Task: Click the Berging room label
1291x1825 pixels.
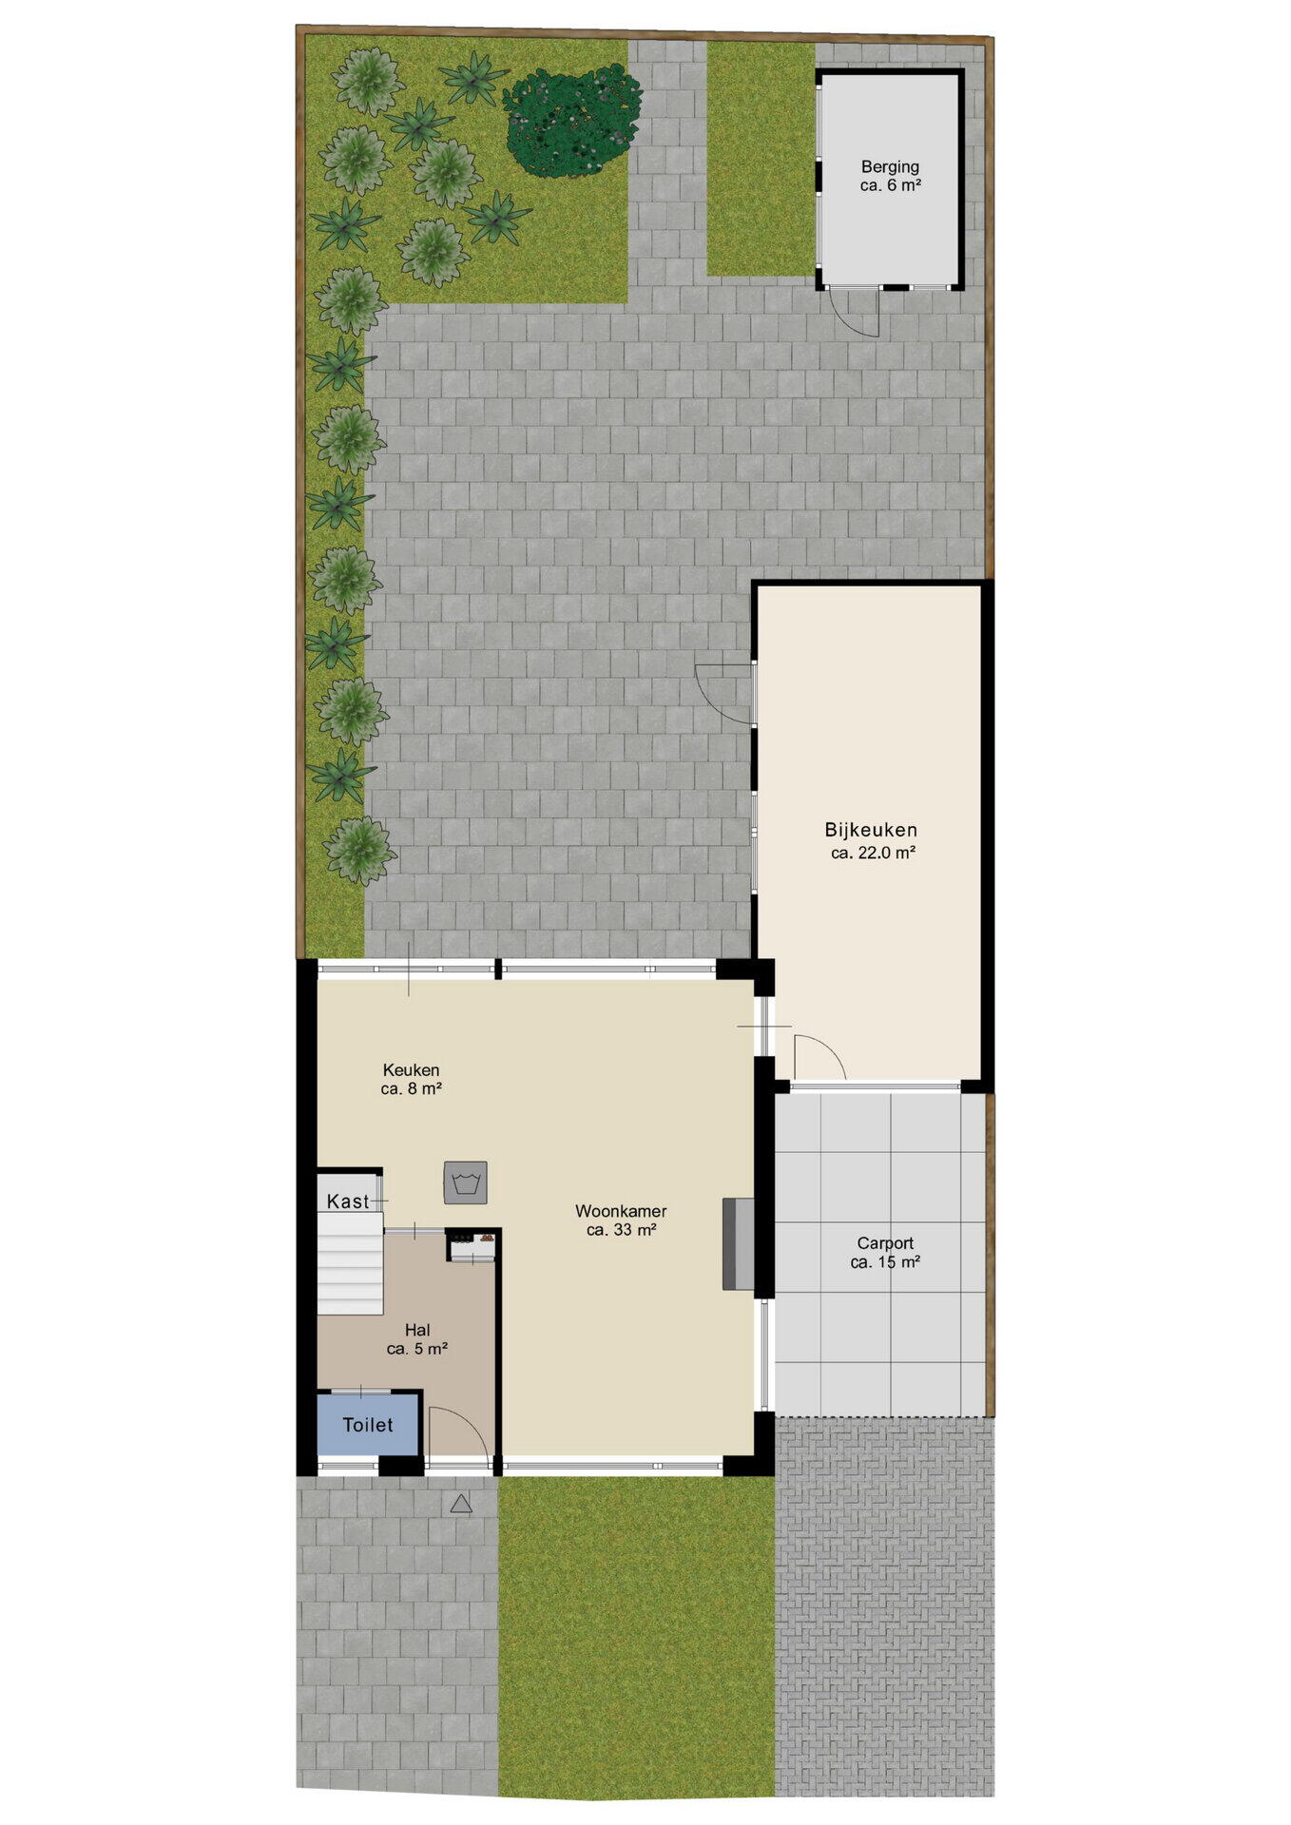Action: click(x=890, y=167)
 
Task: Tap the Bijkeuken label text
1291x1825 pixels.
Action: click(x=871, y=830)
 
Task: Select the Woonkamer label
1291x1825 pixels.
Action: click(x=621, y=1211)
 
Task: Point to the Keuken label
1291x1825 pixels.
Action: click(x=411, y=1070)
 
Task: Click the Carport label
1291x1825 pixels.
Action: click(x=885, y=1243)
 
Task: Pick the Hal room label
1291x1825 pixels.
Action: click(x=417, y=1330)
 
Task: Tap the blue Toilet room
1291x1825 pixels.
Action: click(x=368, y=1423)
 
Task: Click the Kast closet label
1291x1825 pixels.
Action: click(x=348, y=1201)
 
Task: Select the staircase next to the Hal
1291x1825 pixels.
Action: click(x=350, y=1264)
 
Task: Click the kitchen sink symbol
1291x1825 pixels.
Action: click(x=466, y=1183)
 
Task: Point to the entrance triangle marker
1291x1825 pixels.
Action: click(x=461, y=1504)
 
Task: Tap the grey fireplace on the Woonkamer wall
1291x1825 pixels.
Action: click(x=739, y=1244)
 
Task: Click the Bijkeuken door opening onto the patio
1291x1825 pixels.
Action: click(x=724, y=693)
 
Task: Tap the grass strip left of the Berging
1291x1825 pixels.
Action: click(x=761, y=158)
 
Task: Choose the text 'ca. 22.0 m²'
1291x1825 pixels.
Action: click(x=873, y=853)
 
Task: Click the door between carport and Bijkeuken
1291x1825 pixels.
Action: click(x=819, y=1057)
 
